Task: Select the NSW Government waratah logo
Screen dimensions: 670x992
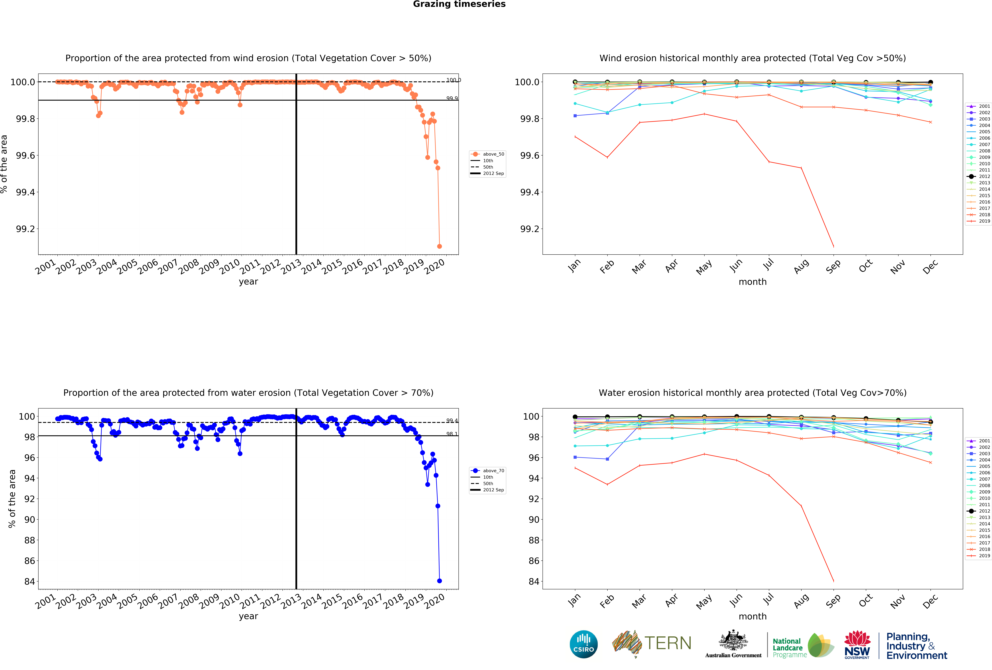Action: point(857,644)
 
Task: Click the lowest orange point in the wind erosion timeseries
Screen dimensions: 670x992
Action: point(439,246)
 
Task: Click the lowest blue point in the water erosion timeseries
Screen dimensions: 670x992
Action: point(439,581)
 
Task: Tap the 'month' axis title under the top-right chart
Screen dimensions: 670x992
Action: point(753,282)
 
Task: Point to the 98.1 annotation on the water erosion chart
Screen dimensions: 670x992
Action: point(452,434)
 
